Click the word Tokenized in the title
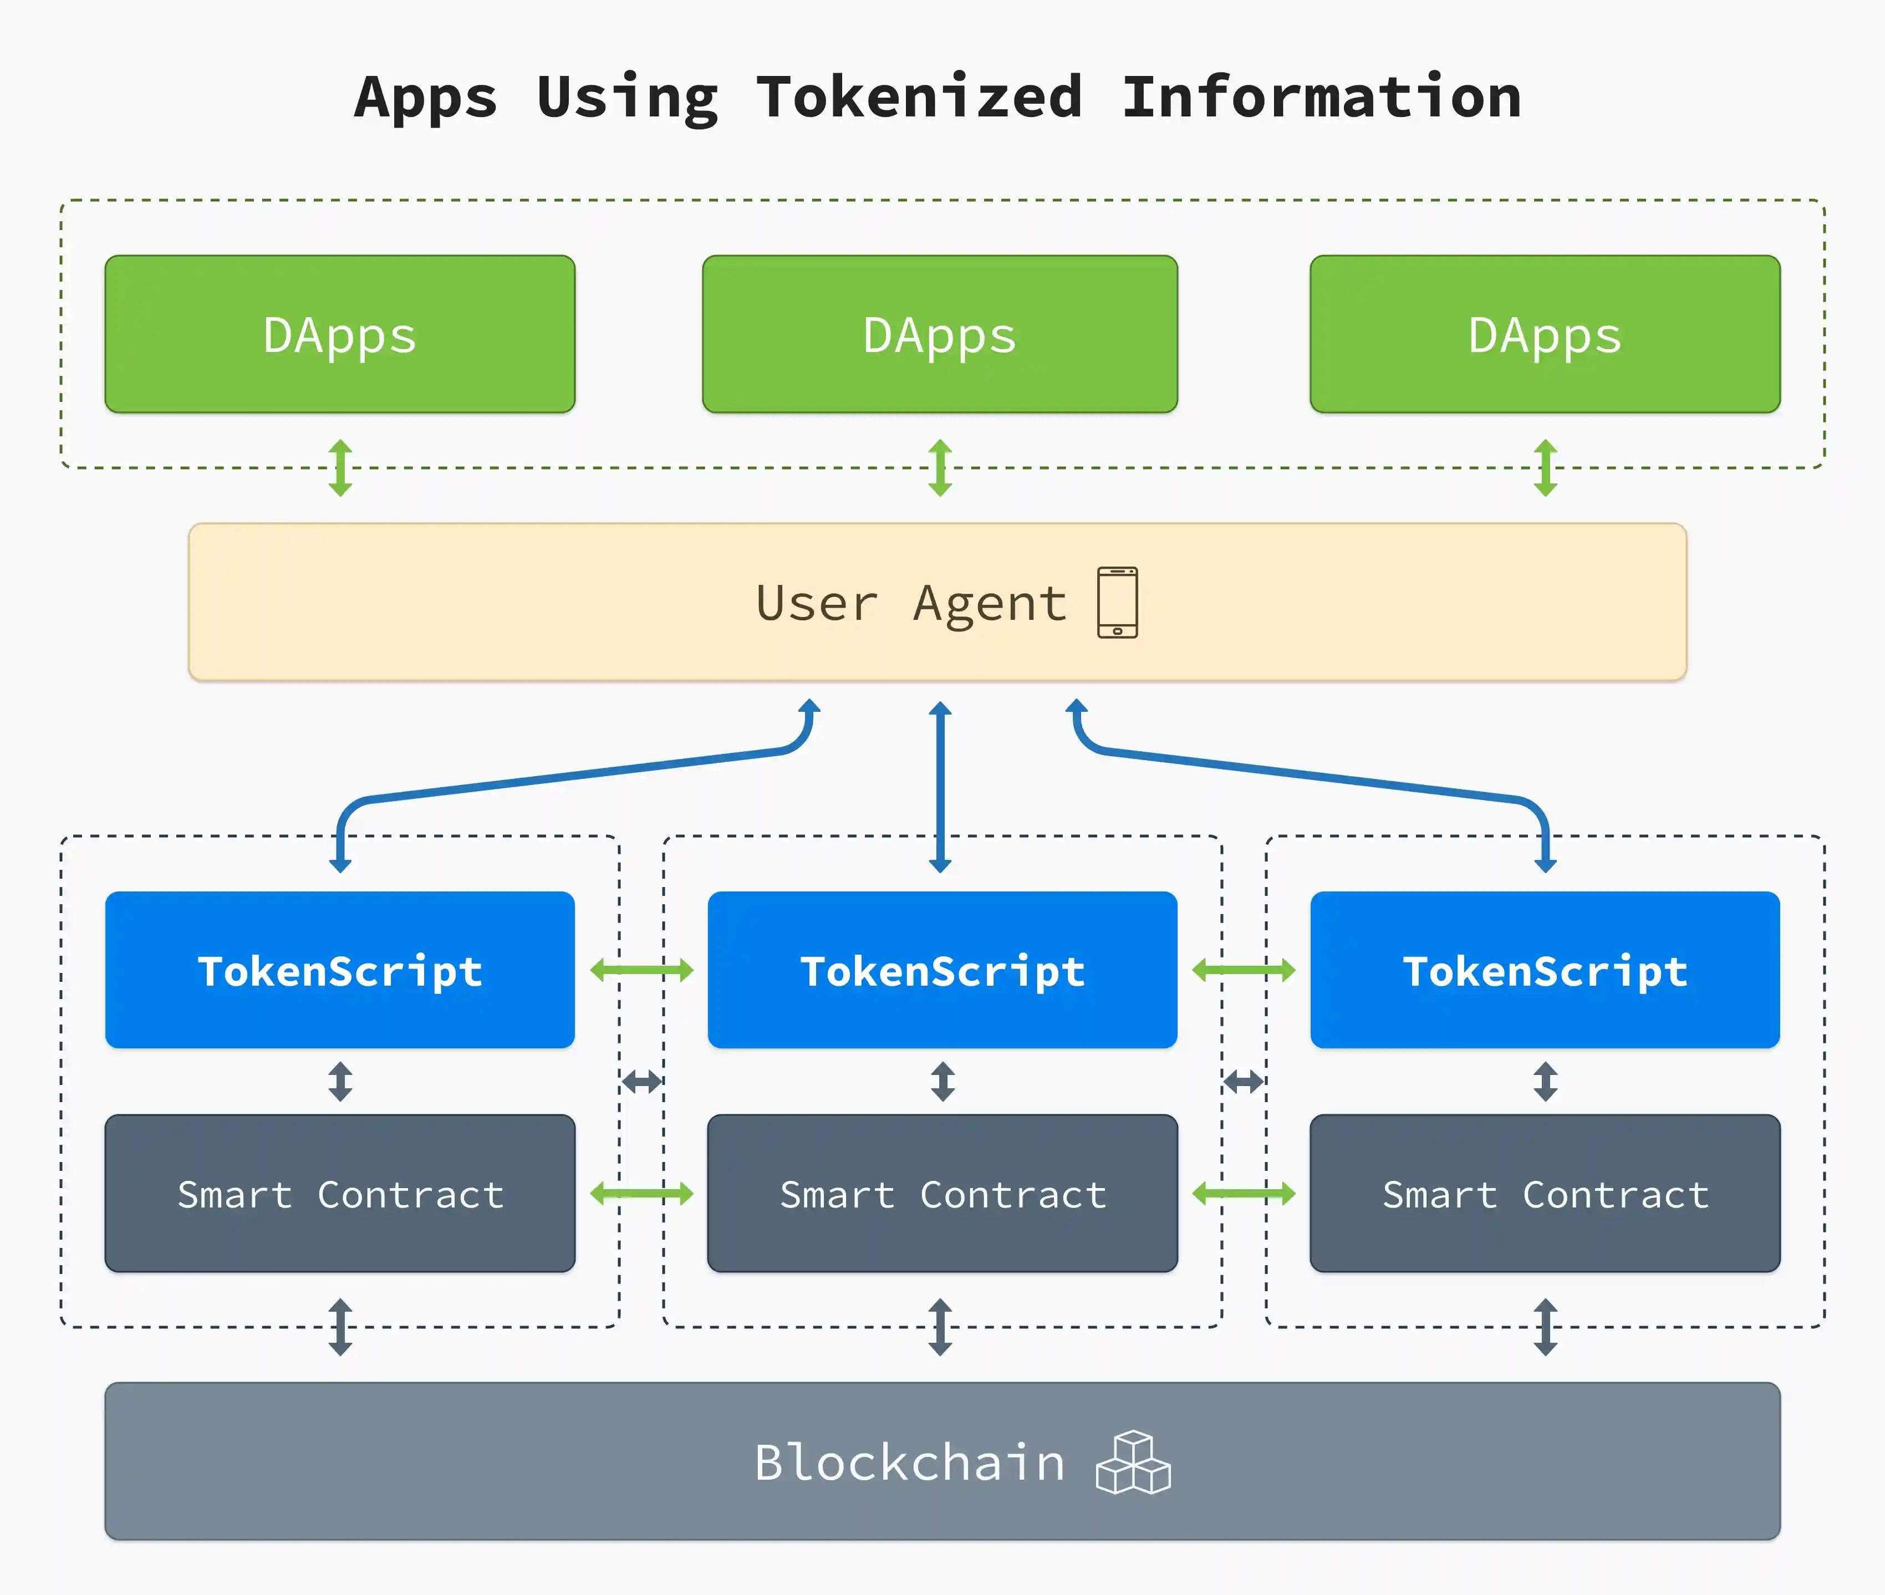pyautogui.click(x=919, y=98)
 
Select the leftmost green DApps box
pyautogui.click(x=340, y=334)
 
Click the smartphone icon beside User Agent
pyautogui.click(x=1118, y=602)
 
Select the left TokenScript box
pyautogui.click(x=340, y=970)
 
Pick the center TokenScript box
pyautogui.click(x=942, y=970)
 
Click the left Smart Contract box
pyautogui.click(x=340, y=1194)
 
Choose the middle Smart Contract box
pyautogui.click(x=942, y=1194)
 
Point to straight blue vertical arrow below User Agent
pyautogui.click(x=940, y=787)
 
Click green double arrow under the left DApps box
pyautogui.click(x=340, y=467)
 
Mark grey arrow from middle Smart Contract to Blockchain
pyautogui.click(x=940, y=1327)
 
